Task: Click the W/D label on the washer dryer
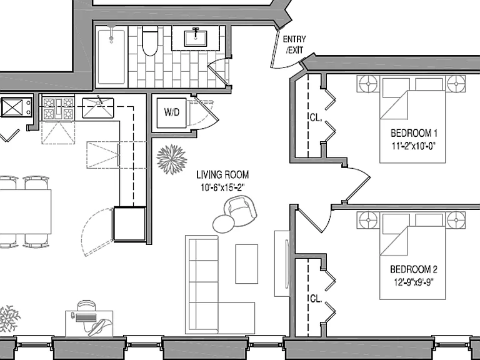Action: pyautogui.click(x=171, y=112)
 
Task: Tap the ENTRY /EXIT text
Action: pyautogui.click(x=294, y=44)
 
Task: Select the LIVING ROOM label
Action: pyautogui.click(x=222, y=175)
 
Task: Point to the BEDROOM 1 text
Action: pyautogui.click(x=414, y=133)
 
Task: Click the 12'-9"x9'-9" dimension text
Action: pyautogui.click(x=414, y=282)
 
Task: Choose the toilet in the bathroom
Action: pyautogui.click(x=150, y=41)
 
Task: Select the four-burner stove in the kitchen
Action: pyautogui.click(x=58, y=108)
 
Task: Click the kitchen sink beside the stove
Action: pyautogui.click(x=98, y=107)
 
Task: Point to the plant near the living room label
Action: pyautogui.click(x=171, y=159)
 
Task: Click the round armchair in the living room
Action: pyautogui.click(x=241, y=211)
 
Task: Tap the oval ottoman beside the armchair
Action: pyautogui.click(x=224, y=224)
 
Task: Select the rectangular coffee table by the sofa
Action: pyautogui.click(x=246, y=264)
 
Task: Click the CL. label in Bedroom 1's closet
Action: pyautogui.click(x=316, y=117)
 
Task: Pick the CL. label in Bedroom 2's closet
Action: pyautogui.click(x=316, y=299)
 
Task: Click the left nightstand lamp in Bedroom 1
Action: pyautogui.click(x=368, y=84)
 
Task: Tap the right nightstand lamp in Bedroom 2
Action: pyautogui.click(x=456, y=220)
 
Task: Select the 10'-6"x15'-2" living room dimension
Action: pyautogui.click(x=222, y=187)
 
